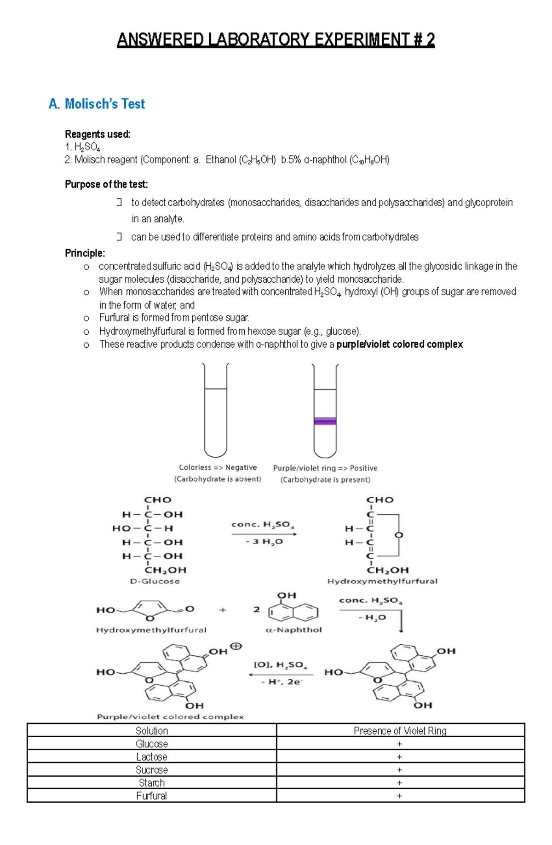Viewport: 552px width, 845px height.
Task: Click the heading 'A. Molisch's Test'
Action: click(97, 104)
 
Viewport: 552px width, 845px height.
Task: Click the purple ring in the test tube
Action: click(325, 420)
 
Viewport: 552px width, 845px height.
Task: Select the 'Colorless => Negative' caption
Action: click(218, 467)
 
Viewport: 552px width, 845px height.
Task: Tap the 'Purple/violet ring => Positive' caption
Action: click(325, 468)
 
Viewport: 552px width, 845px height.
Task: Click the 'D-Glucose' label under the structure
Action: click(155, 581)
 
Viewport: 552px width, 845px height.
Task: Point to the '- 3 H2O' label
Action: click(264, 542)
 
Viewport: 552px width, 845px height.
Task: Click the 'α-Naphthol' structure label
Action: click(293, 629)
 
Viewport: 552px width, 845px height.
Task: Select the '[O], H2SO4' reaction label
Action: click(280, 664)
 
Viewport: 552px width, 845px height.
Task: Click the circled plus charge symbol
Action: click(236, 646)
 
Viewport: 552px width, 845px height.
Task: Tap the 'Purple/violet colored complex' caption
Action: click(170, 717)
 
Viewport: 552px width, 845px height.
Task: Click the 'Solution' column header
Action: click(152, 731)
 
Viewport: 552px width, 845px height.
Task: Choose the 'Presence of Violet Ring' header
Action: click(400, 731)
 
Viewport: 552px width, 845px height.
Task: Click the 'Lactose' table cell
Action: click(152, 757)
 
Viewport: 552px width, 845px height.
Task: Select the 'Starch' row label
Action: click(152, 783)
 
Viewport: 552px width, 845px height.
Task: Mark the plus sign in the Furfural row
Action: click(399, 796)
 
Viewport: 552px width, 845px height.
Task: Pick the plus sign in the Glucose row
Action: click(399, 744)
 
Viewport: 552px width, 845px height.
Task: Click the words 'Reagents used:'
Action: click(98, 134)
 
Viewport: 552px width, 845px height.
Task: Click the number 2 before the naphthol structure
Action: click(256, 609)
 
